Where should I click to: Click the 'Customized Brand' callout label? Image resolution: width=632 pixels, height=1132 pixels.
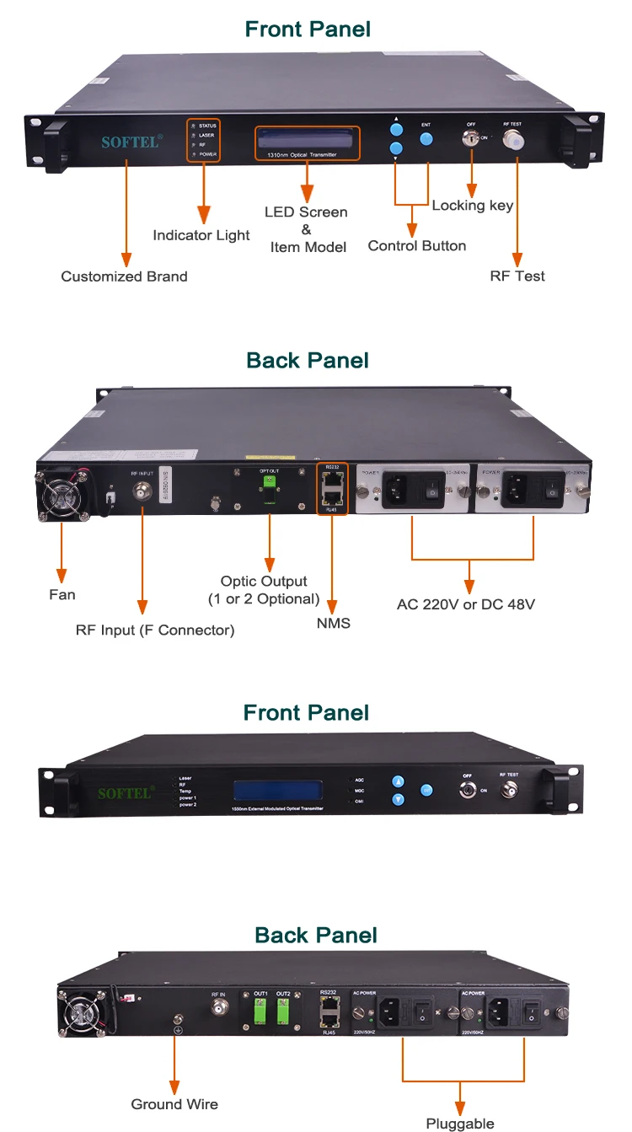124,276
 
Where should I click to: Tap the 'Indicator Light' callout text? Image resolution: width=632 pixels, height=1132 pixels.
201,235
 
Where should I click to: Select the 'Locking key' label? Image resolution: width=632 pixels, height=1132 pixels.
472,206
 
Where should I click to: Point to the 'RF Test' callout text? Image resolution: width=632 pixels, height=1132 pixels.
517,276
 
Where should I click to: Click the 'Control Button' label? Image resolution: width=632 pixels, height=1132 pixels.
416,246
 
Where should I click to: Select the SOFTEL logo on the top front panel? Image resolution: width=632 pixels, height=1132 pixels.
131,142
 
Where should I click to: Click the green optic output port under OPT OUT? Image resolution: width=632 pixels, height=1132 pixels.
270,483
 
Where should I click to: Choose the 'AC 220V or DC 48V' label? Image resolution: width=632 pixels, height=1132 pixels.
466,604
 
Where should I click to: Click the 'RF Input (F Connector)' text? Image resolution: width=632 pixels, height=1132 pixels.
155,630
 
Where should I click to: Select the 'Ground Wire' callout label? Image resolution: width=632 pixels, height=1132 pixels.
174,1104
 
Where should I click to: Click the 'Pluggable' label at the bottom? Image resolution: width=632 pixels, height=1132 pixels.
459,1124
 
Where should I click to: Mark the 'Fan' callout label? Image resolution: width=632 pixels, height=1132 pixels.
62,594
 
